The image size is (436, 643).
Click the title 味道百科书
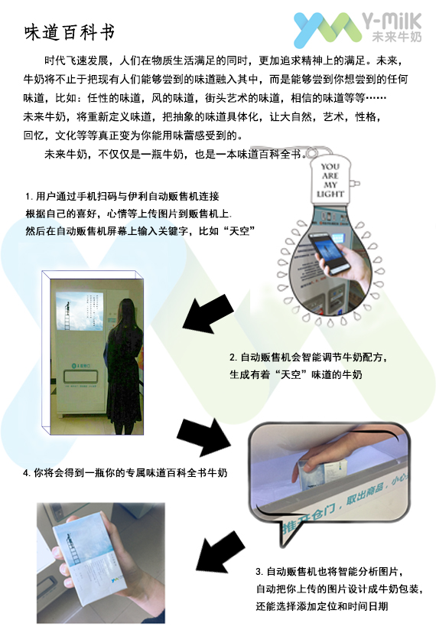(70, 33)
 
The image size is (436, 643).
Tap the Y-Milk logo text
(392, 21)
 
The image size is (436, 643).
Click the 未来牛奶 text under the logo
(397, 37)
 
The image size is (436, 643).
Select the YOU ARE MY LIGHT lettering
(330, 180)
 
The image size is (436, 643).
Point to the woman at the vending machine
(124, 365)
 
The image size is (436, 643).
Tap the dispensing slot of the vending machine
(81, 376)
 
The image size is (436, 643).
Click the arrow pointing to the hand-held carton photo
(220, 551)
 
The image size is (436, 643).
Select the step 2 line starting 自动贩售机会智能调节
(308, 357)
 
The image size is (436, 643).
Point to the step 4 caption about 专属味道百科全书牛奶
(125, 473)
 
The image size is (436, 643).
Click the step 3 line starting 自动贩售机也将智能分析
(330, 571)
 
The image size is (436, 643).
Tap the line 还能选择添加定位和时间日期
(322, 606)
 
